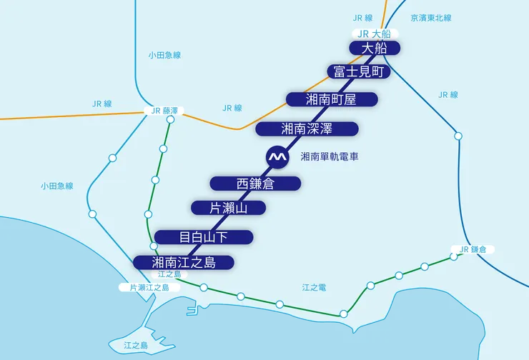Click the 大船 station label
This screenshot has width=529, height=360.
click(x=375, y=48)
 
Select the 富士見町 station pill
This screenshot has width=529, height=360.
click(x=360, y=71)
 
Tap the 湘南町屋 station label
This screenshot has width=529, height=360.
click(x=331, y=99)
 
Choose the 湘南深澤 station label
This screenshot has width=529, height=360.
click(x=306, y=129)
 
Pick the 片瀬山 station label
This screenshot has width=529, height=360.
click(x=229, y=208)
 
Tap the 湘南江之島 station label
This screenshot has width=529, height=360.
click(x=184, y=263)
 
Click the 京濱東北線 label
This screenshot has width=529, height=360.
click(x=431, y=17)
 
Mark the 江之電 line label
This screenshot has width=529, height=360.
click(x=314, y=287)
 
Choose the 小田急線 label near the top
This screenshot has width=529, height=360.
click(x=164, y=55)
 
